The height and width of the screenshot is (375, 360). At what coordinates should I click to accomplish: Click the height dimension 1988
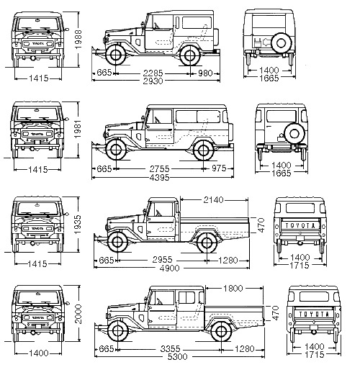(x=78, y=40)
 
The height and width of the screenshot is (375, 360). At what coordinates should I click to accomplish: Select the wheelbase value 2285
(x=153, y=73)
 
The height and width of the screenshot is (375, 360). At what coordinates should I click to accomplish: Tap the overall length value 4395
(x=159, y=178)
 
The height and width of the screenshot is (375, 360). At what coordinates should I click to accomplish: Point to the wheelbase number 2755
(x=159, y=169)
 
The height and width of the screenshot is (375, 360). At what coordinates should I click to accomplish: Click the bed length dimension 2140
(x=213, y=199)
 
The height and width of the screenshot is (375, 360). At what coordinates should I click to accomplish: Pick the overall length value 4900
(x=169, y=268)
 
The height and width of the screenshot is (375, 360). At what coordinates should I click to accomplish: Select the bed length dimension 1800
(x=233, y=288)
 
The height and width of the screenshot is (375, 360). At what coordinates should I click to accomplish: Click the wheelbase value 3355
(x=170, y=348)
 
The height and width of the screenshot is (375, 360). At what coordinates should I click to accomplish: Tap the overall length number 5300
(x=177, y=357)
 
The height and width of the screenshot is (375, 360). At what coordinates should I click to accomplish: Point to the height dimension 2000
(x=78, y=314)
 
